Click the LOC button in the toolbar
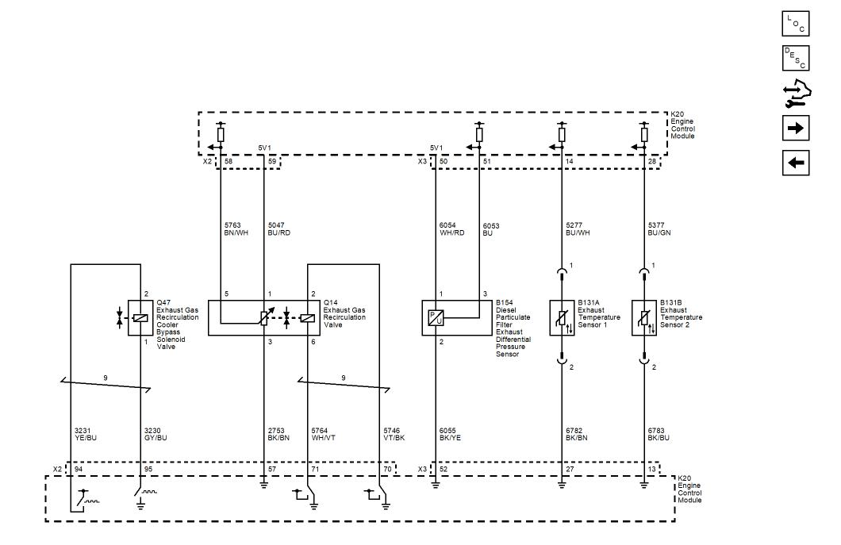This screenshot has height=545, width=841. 796,24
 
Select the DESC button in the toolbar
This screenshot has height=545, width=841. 796,58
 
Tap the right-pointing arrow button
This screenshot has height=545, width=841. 796,129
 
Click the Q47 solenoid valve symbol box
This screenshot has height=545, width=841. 140,318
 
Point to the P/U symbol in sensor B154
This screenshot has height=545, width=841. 436,318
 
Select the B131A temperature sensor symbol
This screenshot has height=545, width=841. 562,318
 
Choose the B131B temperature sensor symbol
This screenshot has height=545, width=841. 644,318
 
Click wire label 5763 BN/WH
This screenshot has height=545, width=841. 236,229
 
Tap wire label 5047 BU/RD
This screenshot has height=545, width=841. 279,229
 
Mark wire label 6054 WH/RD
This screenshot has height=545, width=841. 451,229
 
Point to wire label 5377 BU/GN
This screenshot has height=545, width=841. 659,229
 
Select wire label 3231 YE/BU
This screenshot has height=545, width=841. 86,434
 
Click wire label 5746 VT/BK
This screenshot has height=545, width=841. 394,434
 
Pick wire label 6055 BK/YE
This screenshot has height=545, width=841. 450,434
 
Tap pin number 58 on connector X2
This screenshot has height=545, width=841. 228,162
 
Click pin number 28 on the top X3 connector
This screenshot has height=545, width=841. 652,162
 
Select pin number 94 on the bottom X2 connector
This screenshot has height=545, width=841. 79,469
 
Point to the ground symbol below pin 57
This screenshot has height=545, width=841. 264,486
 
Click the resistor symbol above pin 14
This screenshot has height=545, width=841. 562,135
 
